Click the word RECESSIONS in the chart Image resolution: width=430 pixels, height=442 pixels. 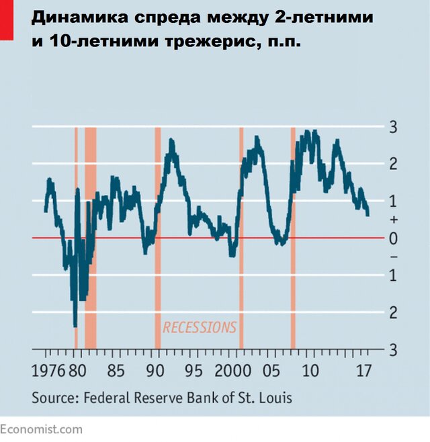(x=200, y=327)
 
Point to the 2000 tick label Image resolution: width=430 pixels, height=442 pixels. (x=232, y=371)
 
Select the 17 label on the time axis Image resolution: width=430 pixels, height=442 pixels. (x=364, y=371)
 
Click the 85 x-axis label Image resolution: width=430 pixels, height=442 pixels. (x=116, y=371)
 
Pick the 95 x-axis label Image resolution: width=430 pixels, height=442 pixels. (x=193, y=371)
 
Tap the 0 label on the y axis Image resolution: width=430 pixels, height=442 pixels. (x=394, y=238)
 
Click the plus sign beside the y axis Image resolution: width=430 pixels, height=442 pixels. (x=394, y=220)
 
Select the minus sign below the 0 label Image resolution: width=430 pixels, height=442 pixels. (x=394, y=257)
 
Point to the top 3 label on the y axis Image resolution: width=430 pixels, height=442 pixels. (x=394, y=127)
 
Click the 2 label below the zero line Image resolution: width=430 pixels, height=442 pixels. (x=394, y=312)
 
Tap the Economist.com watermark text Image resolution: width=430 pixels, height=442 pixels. (x=42, y=429)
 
